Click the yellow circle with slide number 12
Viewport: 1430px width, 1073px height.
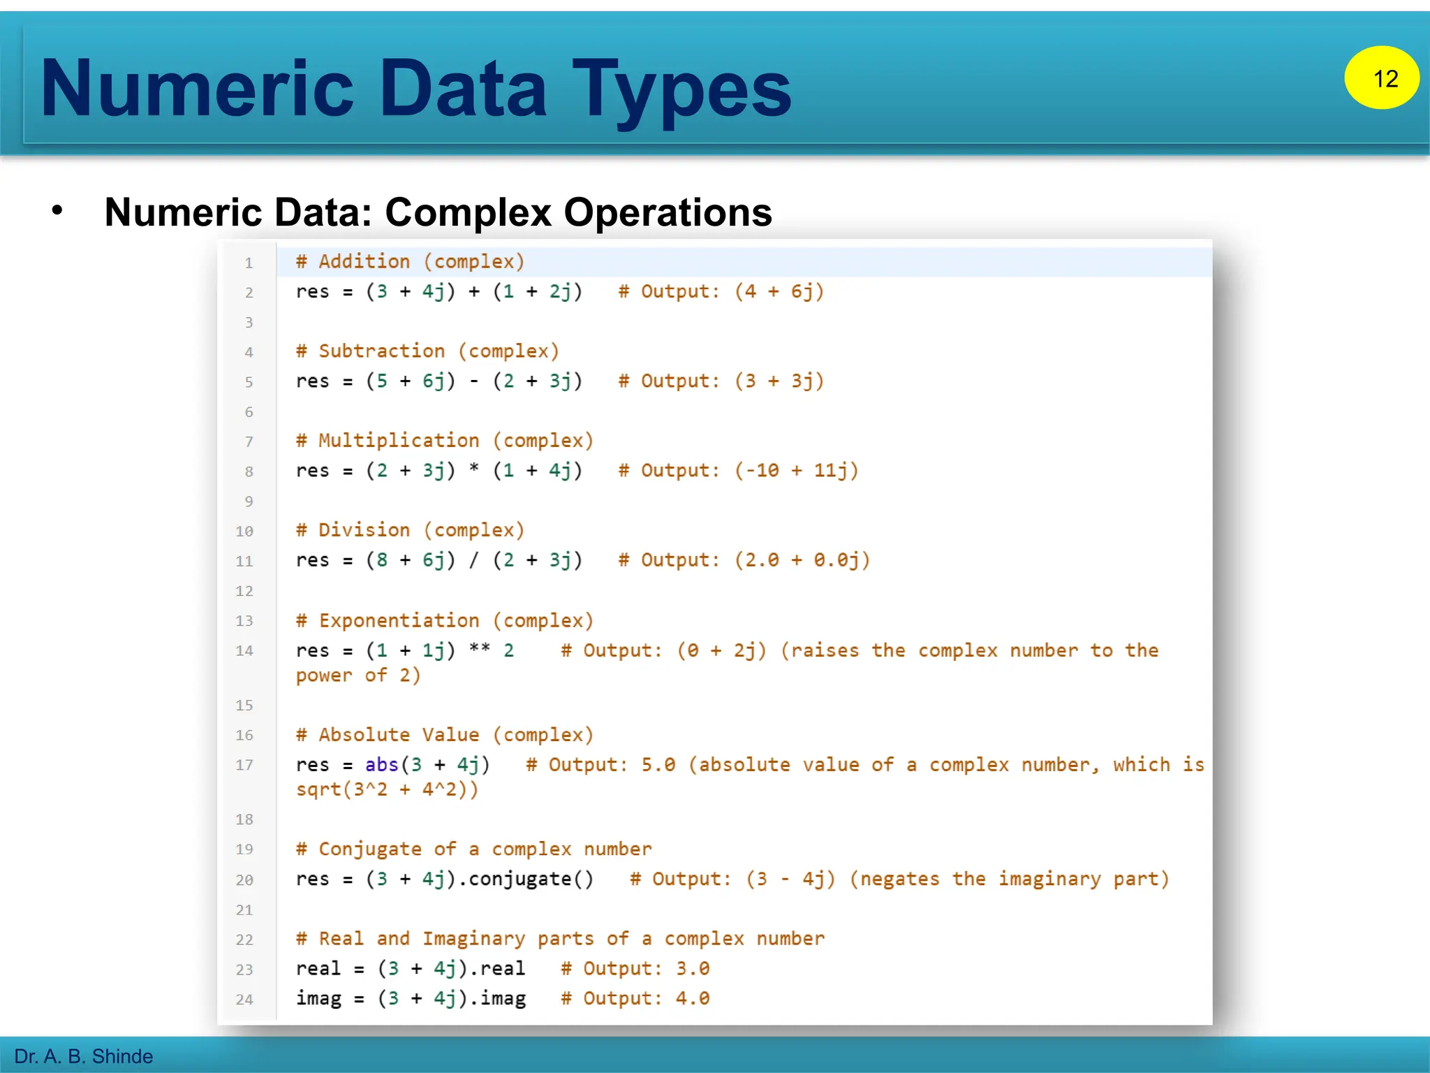[x=1381, y=78]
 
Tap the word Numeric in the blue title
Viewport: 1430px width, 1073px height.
[x=198, y=89]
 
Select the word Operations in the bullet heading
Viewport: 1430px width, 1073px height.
[x=668, y=212]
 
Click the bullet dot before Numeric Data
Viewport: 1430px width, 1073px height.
[x=57, y=210]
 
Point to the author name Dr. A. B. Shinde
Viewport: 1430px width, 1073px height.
[x=84, y=1056]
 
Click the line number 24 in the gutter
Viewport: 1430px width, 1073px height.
[x=244, y=1000]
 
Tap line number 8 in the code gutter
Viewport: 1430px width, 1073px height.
[x=249, y=472]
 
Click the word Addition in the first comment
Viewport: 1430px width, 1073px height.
[x=364, y=262]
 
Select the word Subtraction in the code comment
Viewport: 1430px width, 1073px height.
[x=381, y=351]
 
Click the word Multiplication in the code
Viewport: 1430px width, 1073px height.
[x=399, y=441]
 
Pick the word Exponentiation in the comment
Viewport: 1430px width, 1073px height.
[x=399, y=621]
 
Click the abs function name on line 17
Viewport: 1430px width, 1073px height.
[x=381, y=765]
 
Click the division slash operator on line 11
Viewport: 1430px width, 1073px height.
[x=474, y=560]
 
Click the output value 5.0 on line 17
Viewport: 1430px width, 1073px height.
[x=658, y=765]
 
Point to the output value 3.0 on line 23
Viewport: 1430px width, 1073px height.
[x=693, y=969]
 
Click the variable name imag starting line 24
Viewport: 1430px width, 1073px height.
[x=318, y=999]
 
